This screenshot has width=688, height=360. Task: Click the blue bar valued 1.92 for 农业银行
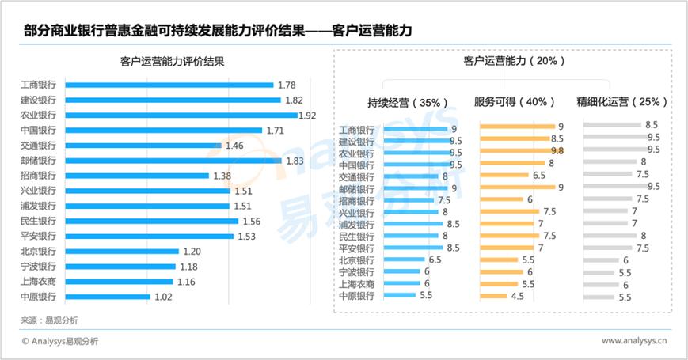[181, 116]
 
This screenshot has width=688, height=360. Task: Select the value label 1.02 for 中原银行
[164, 297]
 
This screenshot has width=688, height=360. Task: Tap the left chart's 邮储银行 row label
[38, 161]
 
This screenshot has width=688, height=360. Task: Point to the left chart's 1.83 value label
[295, 161]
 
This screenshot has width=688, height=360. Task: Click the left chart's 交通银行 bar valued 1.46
[143, 146]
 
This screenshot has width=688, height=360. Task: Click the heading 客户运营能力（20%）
[504, 61]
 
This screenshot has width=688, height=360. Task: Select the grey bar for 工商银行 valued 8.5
[612, 125]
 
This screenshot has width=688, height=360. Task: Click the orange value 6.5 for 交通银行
[539, 176]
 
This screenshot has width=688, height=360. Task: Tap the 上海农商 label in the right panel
[356, 284]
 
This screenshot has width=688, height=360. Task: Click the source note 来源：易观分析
[49, 320]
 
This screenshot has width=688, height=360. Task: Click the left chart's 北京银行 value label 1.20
[192, 252]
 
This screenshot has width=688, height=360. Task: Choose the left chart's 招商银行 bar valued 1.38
[137, 176]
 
